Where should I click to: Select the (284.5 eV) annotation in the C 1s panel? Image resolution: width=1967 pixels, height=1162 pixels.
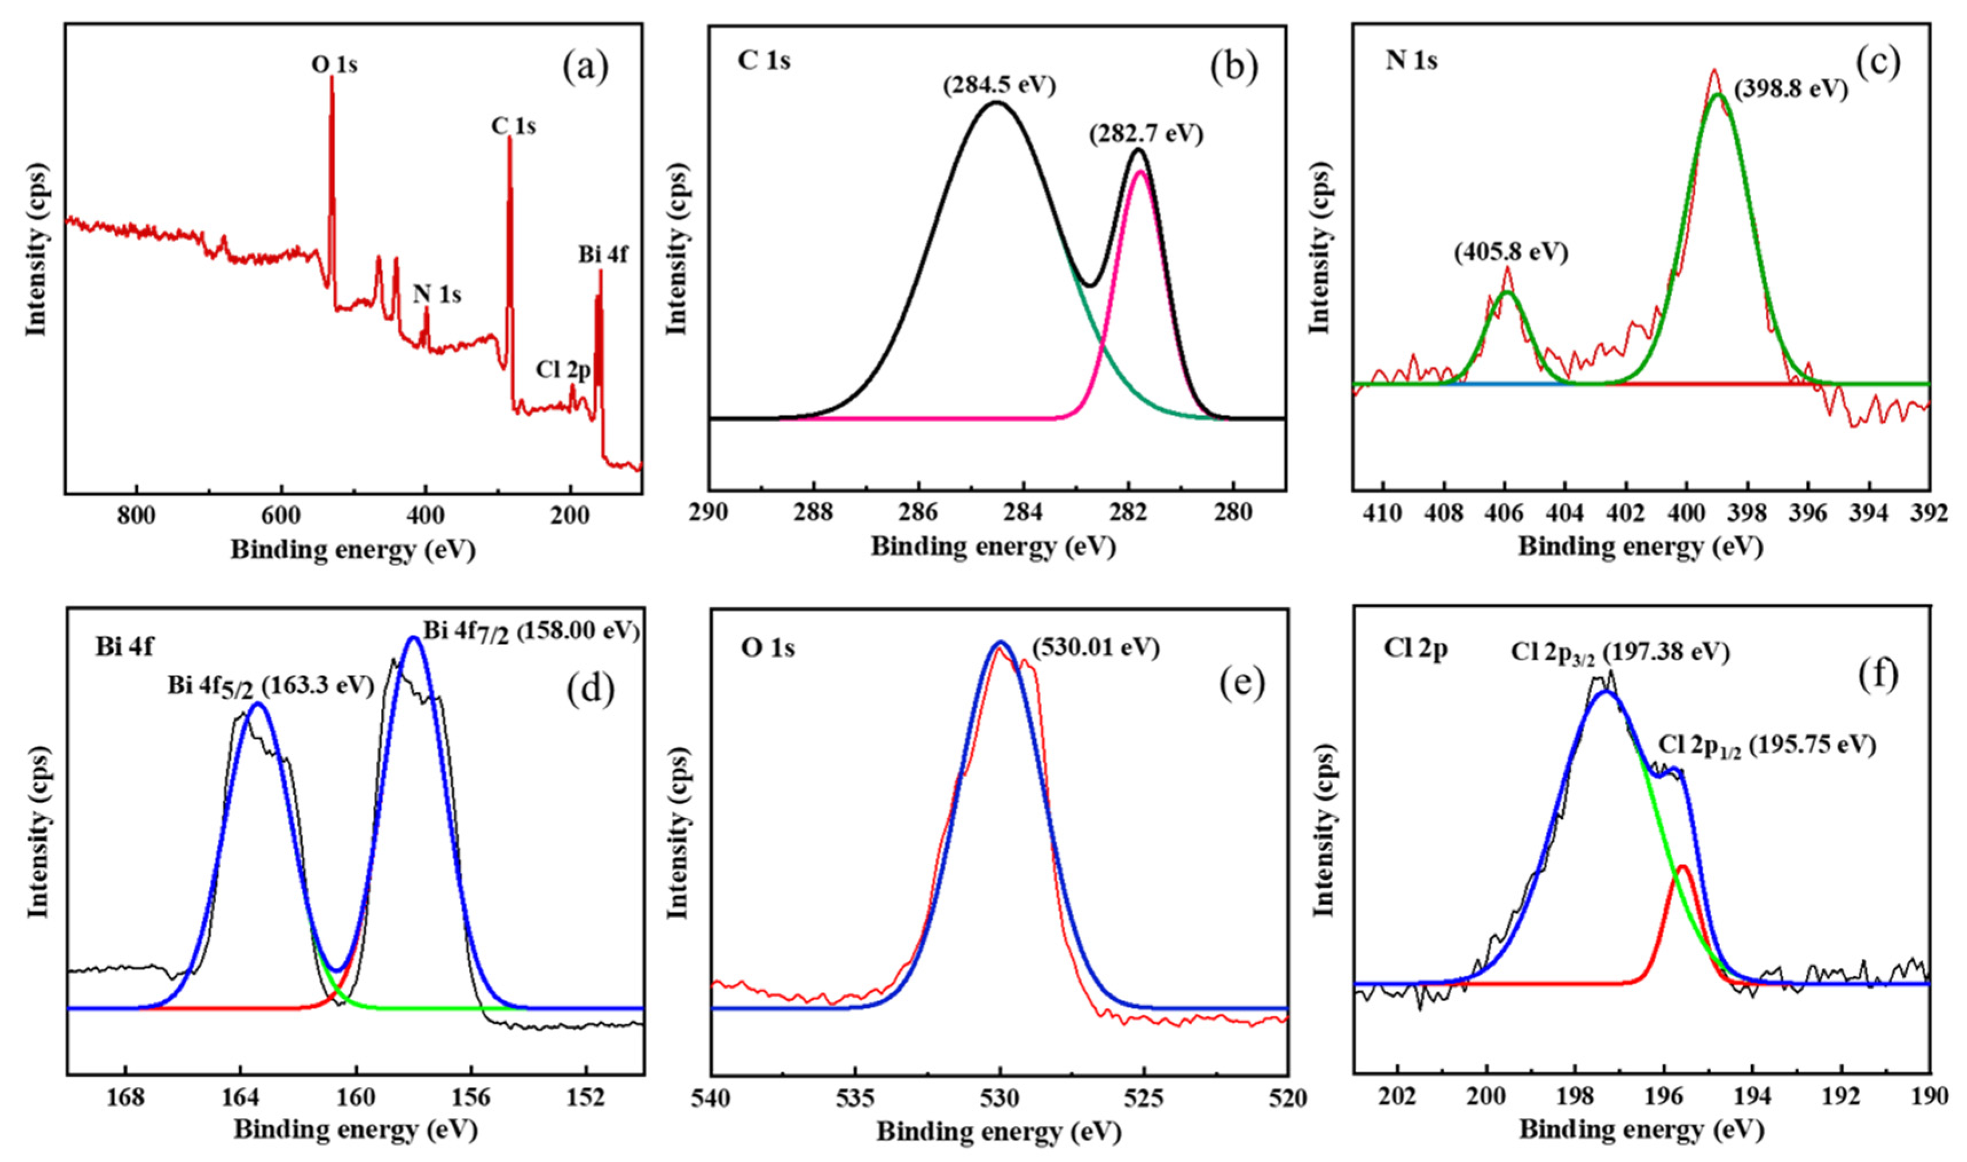(999, 85)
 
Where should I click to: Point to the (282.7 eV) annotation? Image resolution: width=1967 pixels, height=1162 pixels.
(1145, 134)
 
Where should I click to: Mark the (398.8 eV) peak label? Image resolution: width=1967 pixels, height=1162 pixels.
(1791, 89)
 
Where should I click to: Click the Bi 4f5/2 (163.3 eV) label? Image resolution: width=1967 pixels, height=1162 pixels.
(271, 685)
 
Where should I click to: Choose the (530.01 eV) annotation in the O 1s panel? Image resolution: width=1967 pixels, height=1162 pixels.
(1095, 647)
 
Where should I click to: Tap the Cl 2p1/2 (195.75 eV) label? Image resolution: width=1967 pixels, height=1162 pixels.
(1767, 745)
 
